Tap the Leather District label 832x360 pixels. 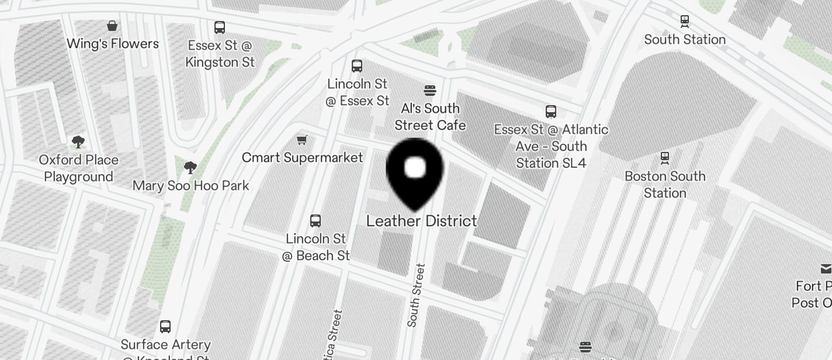421,221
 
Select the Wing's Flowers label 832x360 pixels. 112,44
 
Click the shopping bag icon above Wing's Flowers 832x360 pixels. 112,26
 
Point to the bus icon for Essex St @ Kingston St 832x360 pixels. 220,27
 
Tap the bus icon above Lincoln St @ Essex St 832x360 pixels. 357,65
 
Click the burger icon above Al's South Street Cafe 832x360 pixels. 430,91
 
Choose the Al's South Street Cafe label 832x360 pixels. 430,117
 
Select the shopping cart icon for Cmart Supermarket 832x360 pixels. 302,140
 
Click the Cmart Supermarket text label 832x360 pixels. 302,158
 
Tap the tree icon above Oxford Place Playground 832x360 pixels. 78,142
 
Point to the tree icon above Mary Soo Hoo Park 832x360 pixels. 190,168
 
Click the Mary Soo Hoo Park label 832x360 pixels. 190,186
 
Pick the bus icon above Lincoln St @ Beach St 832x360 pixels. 316,220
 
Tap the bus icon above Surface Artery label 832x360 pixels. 165,326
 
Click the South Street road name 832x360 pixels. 416,295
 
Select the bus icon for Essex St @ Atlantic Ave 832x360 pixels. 550,111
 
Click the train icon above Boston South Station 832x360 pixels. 664,158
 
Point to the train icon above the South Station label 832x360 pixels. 685,21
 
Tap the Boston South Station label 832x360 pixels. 665,184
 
